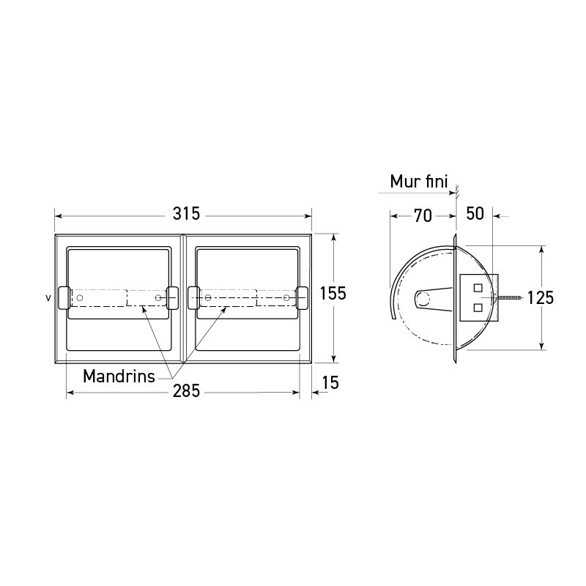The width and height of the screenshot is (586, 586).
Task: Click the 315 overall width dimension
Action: coord(186,215)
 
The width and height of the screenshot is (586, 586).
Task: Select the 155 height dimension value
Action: coord(333,294)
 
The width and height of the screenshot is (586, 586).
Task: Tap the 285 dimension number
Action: coord(187,392)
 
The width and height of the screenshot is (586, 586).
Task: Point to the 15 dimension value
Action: coord(329,382)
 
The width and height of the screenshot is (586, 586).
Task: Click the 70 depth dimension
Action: coord(422,215)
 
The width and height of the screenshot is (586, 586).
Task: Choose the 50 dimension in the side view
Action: coord(475,214)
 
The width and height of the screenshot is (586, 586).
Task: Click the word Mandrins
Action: coord(119,377)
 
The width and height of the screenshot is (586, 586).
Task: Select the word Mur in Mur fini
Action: coord(404,181)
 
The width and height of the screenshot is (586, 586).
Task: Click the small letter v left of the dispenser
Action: coord(48,298)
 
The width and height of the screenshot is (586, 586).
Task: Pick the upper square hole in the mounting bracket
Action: coord(478,287)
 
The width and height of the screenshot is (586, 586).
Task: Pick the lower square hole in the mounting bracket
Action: coord(478,308)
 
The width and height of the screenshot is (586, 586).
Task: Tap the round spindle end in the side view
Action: coord(422,298)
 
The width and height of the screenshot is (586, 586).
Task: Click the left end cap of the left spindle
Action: coord(64,297)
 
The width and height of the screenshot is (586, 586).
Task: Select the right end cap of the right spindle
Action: coord(301,297)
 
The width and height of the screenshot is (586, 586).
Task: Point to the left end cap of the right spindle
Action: coord(193,297)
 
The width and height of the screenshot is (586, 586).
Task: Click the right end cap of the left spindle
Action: coord(173,297)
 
